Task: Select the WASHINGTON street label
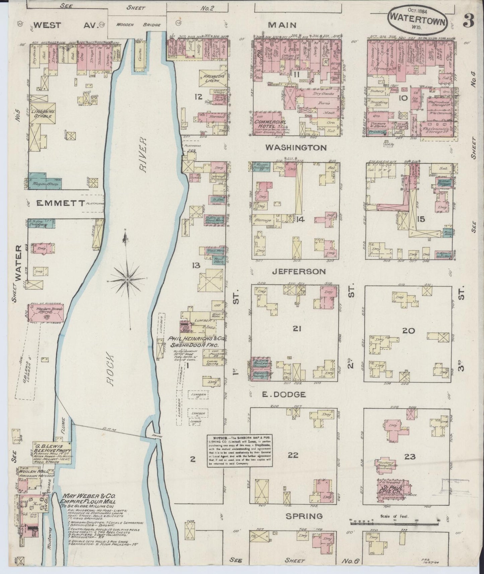pyautogui.click(x=296, y=148)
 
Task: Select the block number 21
pyautogui.click(x=296, y=329)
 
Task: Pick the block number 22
pyautogui.click(x=293, y=455)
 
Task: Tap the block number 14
pyautogui.click(x=300, y=219)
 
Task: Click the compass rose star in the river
pyautogui.click(x=128, y=279)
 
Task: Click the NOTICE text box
pyautogui.click(x=239, y=451)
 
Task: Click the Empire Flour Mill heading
pyautogui.click(x=87, y=502)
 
